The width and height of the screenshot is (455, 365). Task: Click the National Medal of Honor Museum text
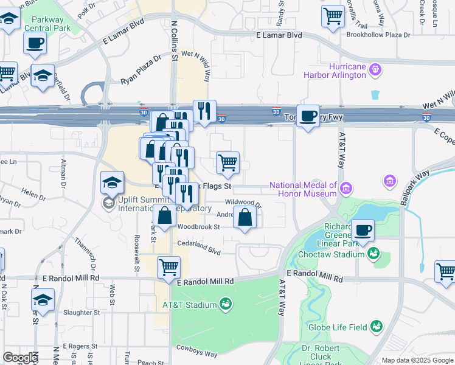coord(303,189)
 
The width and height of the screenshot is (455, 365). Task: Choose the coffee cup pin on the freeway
coord(308,115)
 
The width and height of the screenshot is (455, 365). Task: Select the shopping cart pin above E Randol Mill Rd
coord(168,266)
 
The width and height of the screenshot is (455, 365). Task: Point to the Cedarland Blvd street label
coord(198,249)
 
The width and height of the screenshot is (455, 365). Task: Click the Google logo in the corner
coord(19,358)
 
